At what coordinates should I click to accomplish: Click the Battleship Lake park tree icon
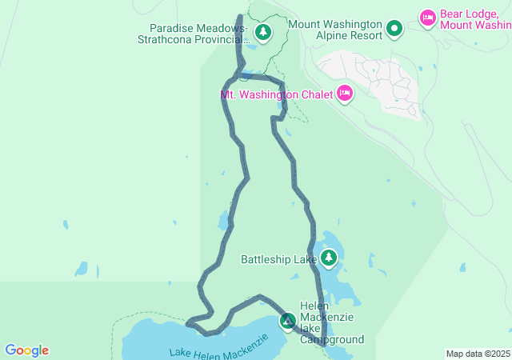[x=329, y=258]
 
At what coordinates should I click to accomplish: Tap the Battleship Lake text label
[x=278, y=259]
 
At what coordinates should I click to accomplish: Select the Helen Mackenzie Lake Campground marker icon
[x=287, y=321]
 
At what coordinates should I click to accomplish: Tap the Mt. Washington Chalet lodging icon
[x=345, y=94]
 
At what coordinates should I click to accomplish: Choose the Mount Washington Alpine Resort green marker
[x=394, y=30]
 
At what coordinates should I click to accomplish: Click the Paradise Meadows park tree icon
[x=263, y=32]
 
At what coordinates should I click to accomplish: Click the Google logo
[x=26, y=350]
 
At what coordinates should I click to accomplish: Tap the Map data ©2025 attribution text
[x=478, y=354]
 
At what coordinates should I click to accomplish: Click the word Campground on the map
[x=332, y=339]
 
